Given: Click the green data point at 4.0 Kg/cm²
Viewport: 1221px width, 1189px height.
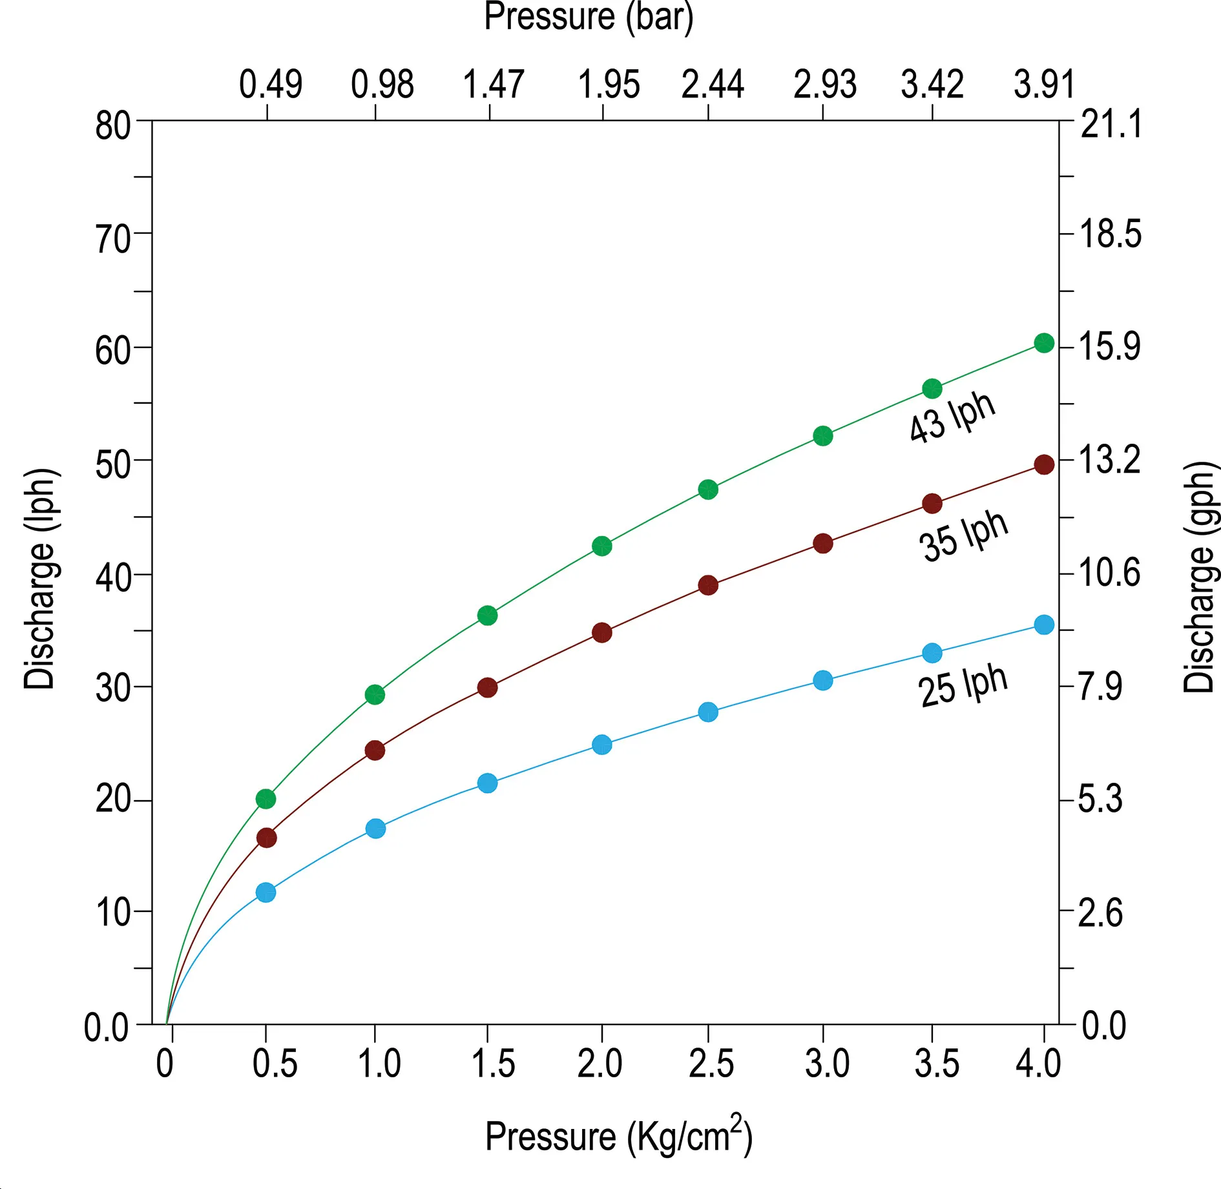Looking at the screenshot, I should click(x=1044, y=343).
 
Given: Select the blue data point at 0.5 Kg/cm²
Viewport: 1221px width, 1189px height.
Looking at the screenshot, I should click(x=266, y=893).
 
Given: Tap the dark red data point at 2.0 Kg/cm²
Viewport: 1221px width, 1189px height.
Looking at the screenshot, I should click(x=601, y=632).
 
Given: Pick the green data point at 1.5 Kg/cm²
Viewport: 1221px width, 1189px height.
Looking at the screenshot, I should click(x=488, y=615).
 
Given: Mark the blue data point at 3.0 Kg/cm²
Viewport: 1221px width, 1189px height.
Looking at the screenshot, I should click(x=822, y=680).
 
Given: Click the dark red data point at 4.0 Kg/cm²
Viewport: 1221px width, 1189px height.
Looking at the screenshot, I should click(x=1044, y=464).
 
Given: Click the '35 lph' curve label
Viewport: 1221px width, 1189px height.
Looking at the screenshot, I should click(x=963, y=536).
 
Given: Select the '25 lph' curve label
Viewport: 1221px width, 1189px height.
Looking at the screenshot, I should click(x=963, y=686).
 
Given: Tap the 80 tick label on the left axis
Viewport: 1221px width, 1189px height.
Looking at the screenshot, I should click(x=113, y=125).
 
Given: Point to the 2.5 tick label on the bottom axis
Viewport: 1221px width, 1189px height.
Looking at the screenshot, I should click(x=711, y=1064).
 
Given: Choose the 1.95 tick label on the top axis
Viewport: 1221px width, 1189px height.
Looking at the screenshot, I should click(x=609, y=85).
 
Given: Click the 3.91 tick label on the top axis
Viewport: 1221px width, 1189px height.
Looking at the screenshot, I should click(x=1044, y=85).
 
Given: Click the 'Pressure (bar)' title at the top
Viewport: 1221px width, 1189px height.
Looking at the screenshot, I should click(x=589, y=17).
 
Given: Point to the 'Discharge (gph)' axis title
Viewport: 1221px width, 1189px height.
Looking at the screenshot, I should click(x=1200, y=577).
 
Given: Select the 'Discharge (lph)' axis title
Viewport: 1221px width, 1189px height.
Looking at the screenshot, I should click(x=40, y=579).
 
